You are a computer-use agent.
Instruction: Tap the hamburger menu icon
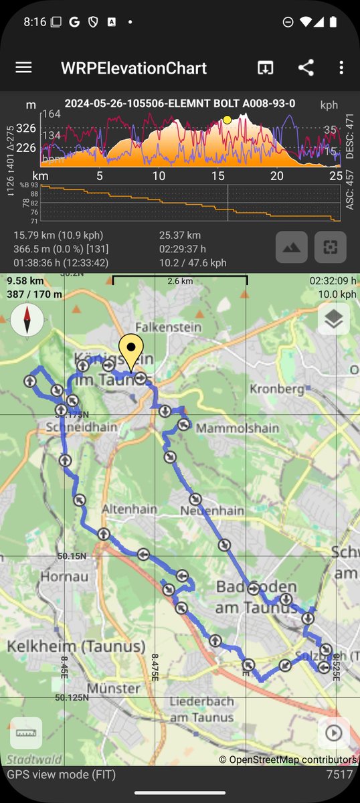tap(23, 67)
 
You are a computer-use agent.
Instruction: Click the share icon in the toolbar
tap(306, 68)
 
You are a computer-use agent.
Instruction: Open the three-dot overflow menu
tap(341, 68)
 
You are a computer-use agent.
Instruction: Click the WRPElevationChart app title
tap(134, 68)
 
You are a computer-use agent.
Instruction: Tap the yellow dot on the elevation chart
tap(228, 120)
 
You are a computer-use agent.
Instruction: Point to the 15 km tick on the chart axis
tap(217, 176)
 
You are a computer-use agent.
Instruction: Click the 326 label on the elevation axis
tap(26, 128)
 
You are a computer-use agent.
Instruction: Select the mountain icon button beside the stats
tap(292, 248)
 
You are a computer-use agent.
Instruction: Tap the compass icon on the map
tap(27, 321)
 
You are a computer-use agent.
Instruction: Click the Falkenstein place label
tap(159, 327)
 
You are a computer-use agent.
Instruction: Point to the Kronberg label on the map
tap(272, 389)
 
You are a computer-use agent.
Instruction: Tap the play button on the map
tap(333, 733)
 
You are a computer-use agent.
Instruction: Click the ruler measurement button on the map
tap(26, 733)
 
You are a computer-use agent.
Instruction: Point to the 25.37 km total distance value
tap(180, 236)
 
